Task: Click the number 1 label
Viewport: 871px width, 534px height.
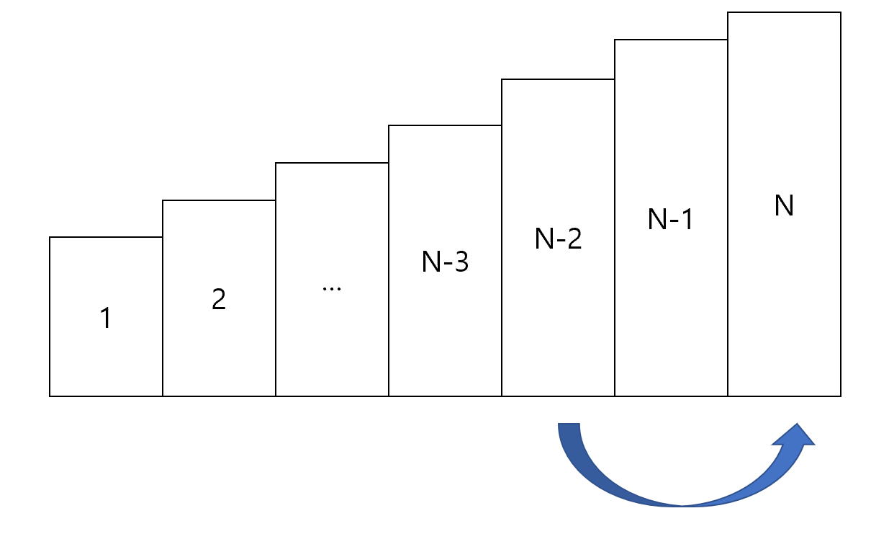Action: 106,318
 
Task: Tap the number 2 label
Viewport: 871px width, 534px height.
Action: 219,299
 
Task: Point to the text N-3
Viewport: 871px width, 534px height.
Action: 445,262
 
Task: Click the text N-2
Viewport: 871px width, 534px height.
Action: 558,239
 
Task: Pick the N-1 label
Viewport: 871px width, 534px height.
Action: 671,220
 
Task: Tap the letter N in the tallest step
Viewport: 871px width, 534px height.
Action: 784,207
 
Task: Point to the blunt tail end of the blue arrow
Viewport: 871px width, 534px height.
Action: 569,425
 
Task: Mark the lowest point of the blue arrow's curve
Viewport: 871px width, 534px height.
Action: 682,504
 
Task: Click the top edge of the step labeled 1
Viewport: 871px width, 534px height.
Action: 106,237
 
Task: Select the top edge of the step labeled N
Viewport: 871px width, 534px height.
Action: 784,12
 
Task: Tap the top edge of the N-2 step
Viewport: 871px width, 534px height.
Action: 558,79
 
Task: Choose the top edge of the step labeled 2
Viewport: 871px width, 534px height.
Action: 219,200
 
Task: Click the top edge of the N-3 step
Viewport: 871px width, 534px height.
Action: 445,125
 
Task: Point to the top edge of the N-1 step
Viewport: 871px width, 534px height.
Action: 671,40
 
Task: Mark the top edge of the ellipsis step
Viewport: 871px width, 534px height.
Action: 332,163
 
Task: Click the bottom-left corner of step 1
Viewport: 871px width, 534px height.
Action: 50,396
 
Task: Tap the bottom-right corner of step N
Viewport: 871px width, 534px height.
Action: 840,396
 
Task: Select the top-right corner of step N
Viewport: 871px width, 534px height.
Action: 840,12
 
